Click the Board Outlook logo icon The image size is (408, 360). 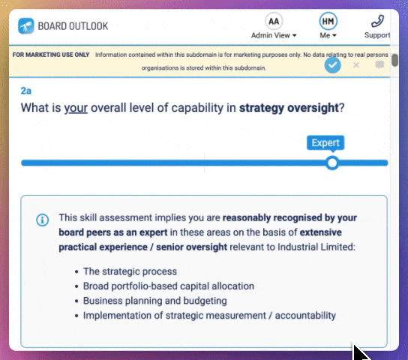click(x=26, y=25)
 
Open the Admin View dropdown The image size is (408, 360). click(x=274, y=35)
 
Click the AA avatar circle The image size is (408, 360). click(x=274, y=21)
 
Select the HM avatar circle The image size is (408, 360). click(x=328, y=21)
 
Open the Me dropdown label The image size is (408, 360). click(x=328, y=35)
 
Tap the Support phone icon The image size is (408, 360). click(x=377, y=21)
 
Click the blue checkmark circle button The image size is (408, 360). click(x=333, y=65)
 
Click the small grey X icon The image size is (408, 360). click(x=356, y=65)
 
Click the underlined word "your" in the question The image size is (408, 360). click(x=76, y=107)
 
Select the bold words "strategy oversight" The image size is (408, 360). click(x=289, y=107)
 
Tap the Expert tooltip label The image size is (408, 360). click(x=325, y=142)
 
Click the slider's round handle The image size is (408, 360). click(x=332, y=163)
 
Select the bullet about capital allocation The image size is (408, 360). click(x=168, y=286)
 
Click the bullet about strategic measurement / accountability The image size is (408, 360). click(x=209, y=316)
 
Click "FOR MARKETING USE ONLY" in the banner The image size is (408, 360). click(x=51, y=55)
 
